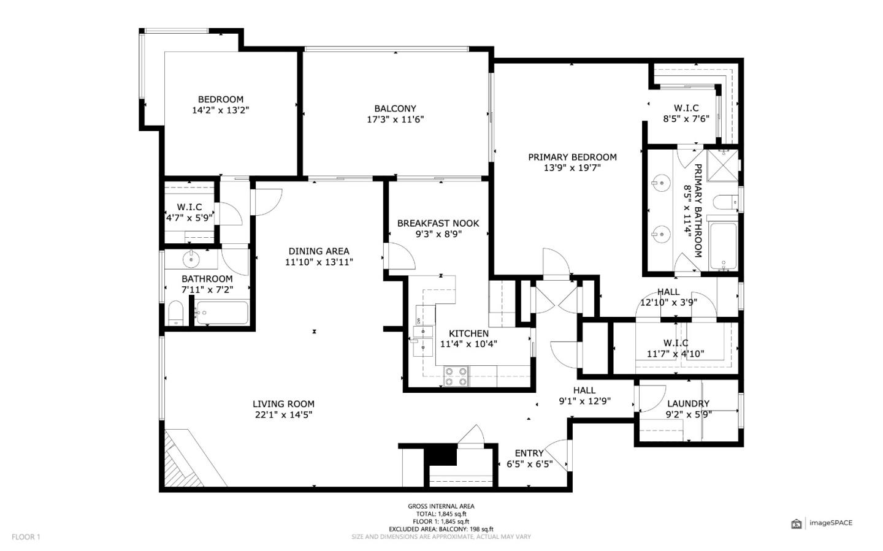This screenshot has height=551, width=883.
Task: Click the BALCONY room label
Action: (x=395, y=108)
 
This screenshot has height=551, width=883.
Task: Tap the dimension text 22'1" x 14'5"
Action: (x=283, y=415)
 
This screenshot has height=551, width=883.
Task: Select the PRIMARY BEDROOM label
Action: (x=572, y=158)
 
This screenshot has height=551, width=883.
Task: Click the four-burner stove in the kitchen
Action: (x=456, y=376)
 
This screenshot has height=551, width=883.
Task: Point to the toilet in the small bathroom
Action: (x=176, y=313)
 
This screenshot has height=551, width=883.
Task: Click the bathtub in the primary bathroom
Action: (x=723, y=246)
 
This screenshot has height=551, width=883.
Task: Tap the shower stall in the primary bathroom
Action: (x=722, y=165)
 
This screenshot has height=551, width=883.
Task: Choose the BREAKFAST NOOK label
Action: (x=438, y=224)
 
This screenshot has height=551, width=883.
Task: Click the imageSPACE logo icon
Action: (x=797, y=524)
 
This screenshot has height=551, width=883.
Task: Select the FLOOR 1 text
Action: (x=26, y=537)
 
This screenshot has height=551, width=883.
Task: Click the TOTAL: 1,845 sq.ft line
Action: (x=441, y=514)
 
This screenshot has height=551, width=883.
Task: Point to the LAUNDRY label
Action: (x=688, y=403)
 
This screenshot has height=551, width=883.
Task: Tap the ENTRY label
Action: (x=529, y=454)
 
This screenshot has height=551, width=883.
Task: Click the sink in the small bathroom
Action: (x=191, y=259)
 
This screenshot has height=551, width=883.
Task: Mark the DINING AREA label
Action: (x=319, y=251)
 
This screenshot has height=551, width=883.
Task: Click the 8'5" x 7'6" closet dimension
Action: (x=686, y=119)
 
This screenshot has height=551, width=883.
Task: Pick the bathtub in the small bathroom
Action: (x=223, y=313)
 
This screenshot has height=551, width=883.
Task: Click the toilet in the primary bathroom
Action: (x=725, y=203)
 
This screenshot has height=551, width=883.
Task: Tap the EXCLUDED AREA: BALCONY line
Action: (x=441, y=530)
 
